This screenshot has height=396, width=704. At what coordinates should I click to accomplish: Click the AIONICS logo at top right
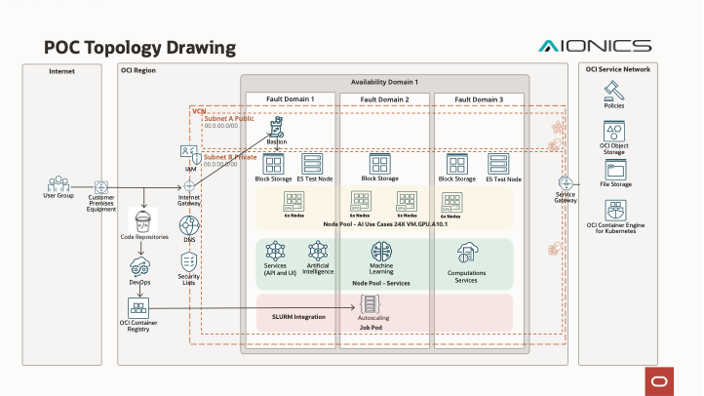pyautogui.click(x=595, y=46)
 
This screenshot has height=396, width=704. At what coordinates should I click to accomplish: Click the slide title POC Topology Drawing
pyautogui.click(x=139, y=47)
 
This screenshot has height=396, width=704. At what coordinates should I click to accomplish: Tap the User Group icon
pyautogui.click(x=59, y=182)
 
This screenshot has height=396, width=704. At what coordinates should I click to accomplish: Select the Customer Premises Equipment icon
pyautogui.click(x=101, y=185)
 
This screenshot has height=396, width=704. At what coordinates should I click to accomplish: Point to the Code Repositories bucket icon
pyautogui.click(x=144, y=220)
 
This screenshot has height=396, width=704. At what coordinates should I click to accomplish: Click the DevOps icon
pyautogui.click(x=139, y=266)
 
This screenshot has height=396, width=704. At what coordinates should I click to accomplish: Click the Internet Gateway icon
pyautogui.click(x=189, y=185)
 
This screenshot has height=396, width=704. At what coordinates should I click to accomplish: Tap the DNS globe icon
pyautogui.click(x=189, y=224)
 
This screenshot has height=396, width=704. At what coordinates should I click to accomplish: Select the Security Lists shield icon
pyautogui.click(x=189, y=261)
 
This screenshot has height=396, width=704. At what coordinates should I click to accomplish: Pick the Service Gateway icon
pyautogui.click(x=565, y=183)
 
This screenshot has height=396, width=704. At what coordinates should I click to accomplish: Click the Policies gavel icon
pyautogui.click(x=614, y=90)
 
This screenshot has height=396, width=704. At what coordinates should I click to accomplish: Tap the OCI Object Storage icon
pyautogui.click(x=614, y=132)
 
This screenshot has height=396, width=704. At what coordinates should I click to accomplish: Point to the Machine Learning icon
pyautogui.click(x=380, y=250)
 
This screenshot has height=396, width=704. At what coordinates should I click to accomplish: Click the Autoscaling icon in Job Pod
pyautogui.click(x=371, y=303)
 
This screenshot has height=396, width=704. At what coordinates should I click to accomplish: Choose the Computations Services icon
pyautogui.click(x=466, y=252)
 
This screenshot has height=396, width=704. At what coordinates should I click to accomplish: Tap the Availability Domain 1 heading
pyautogui.click(x=384, y=82)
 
